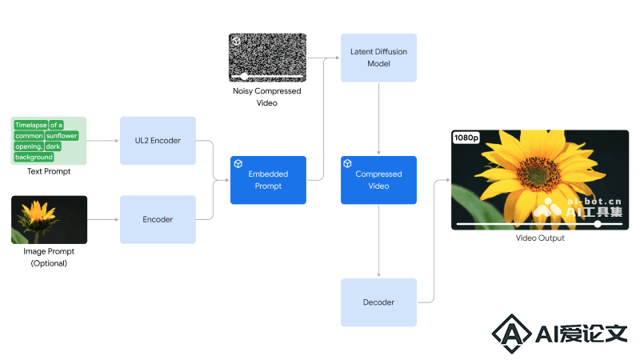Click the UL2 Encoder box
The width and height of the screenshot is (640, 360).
(158, 141)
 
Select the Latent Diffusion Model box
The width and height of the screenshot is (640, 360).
(378, 58)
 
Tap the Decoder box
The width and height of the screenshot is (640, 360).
(378, 302)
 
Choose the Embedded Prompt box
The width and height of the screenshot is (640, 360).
(268, 180)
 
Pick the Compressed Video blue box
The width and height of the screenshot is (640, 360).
(378, 180)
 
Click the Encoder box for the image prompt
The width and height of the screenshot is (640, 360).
(158, 219)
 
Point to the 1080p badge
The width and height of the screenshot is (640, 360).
(466, 138)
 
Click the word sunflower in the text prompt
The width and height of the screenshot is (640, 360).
(62, 135)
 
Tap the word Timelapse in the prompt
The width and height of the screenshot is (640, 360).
(31, 125)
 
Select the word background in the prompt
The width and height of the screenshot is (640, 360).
(34, 157)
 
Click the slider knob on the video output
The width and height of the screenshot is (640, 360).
(598, 224)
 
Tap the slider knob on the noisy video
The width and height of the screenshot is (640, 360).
(244, 76)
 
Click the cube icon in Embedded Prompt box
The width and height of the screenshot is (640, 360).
(238, 164)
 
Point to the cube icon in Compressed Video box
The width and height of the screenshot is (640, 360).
(347, 164)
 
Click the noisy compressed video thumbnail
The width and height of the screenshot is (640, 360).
(267, 58)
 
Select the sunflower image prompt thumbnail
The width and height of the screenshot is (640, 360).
(49, 219)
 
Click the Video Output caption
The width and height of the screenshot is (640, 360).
(540, 238)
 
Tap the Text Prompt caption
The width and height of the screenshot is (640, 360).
(49, 171)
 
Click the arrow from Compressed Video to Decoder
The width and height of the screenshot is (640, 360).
(378, 241)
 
